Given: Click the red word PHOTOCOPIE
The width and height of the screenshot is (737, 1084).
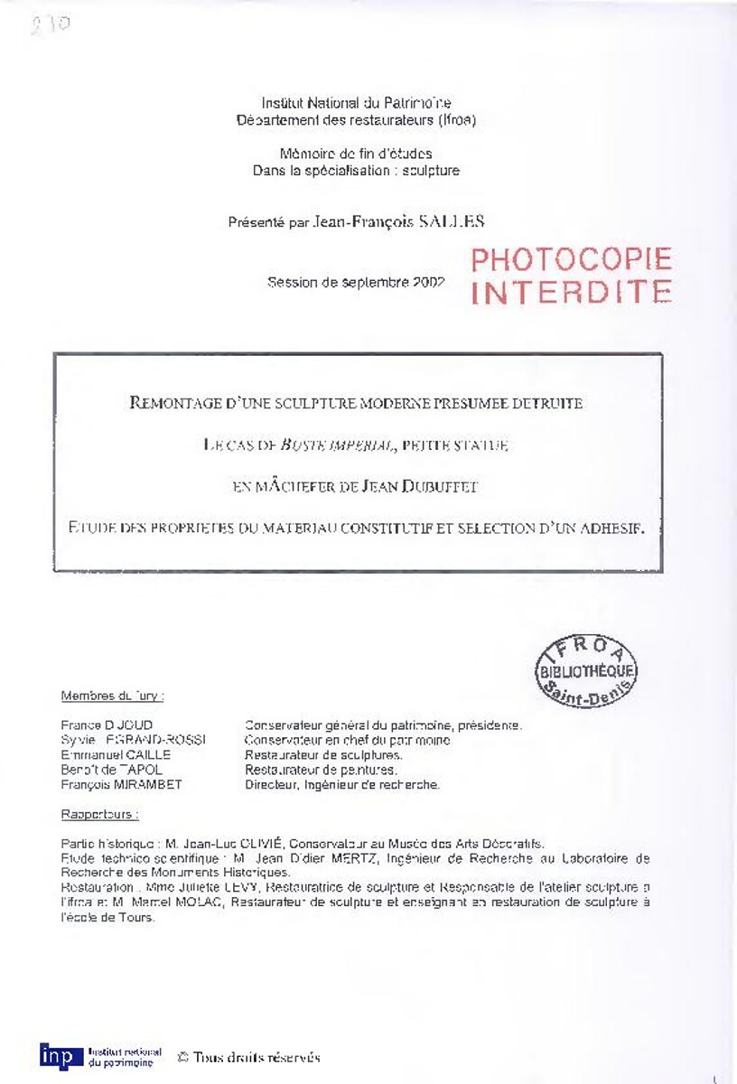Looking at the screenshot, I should pos(571,260).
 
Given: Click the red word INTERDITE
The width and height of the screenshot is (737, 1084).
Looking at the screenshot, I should pos(571,292).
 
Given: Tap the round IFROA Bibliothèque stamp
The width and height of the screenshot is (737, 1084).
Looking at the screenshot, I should pos(587,671).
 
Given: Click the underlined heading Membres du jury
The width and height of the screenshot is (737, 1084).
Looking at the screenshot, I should pos(112,696).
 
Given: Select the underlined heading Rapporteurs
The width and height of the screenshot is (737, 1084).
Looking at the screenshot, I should pos(99,814).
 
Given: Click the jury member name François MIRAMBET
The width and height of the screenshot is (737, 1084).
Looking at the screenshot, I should pos(121,785).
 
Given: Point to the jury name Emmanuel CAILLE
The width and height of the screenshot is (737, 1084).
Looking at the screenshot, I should pos(116,755).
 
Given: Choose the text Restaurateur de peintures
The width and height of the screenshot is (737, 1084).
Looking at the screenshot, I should pos(321,770).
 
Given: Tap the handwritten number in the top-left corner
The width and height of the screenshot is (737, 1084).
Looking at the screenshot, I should pos(51,24).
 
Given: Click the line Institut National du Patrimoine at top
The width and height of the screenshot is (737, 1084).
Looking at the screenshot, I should pos(356,104).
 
